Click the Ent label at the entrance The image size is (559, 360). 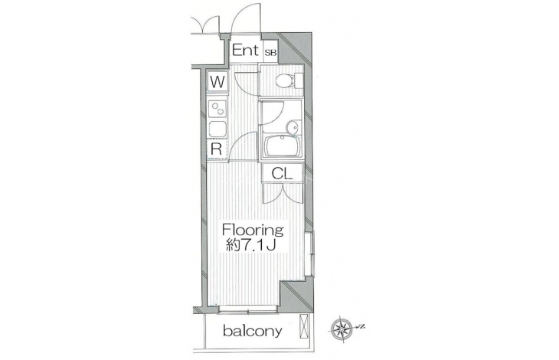click(245, 51)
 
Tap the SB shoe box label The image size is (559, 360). click(270, 53)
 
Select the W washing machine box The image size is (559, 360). click(217, 82)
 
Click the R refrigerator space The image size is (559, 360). click(217, 149)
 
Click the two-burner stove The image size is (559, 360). click(217, 109)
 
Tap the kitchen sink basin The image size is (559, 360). click(217, 129)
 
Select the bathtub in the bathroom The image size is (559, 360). click(282, 146)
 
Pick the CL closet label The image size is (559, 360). click(282, 174)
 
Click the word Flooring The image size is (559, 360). click(253, 230)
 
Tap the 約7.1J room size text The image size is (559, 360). click(251, 245)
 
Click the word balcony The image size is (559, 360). click(253, 331)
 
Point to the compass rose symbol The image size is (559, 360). click(342, 329)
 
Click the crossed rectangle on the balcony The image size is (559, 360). click(305, 326)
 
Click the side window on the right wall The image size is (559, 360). click(310, 254)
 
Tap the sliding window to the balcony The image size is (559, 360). click(248, 310)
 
